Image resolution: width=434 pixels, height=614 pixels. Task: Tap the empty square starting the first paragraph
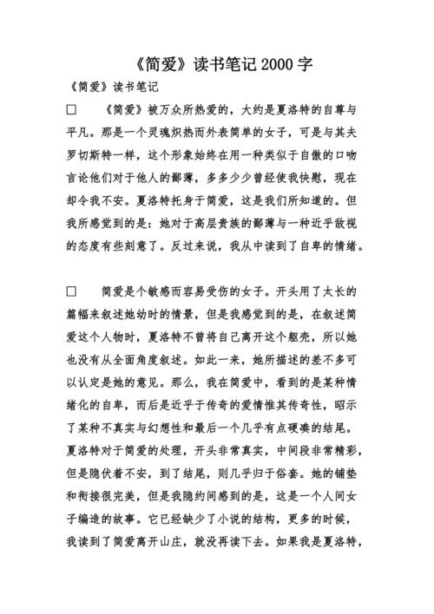point(72,111)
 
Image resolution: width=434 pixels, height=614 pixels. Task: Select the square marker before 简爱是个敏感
point(72,291)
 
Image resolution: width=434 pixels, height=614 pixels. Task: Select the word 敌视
point(342,224)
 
